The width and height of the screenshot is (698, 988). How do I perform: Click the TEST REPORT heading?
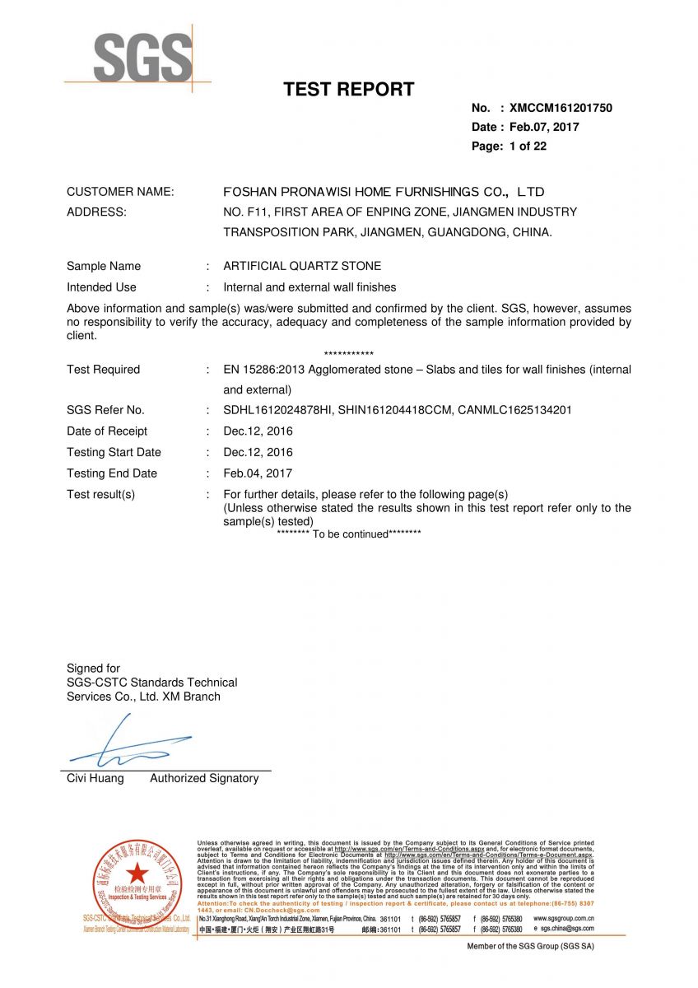coord(349,90)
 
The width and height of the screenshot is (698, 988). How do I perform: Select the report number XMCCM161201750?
coord(561,108)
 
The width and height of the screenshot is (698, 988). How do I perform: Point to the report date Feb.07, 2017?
coord(543,127)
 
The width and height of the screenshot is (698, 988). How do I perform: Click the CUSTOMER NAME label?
coord(120,192)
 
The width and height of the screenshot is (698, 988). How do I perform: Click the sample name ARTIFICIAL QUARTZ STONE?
coord(302,266)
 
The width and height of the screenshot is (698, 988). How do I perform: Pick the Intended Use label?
coord(101,287)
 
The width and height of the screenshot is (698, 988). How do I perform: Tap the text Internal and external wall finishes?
coord(309,287)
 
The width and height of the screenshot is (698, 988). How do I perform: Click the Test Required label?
coord(103,370)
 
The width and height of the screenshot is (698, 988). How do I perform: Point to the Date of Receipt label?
coord(107,431)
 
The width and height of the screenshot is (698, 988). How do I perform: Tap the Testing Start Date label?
coord(114,452)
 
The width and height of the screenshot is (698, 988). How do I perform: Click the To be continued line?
coord(349,534)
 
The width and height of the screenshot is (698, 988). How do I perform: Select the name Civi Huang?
coord(95,778)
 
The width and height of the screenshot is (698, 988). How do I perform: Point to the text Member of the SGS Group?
coord(530,946)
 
